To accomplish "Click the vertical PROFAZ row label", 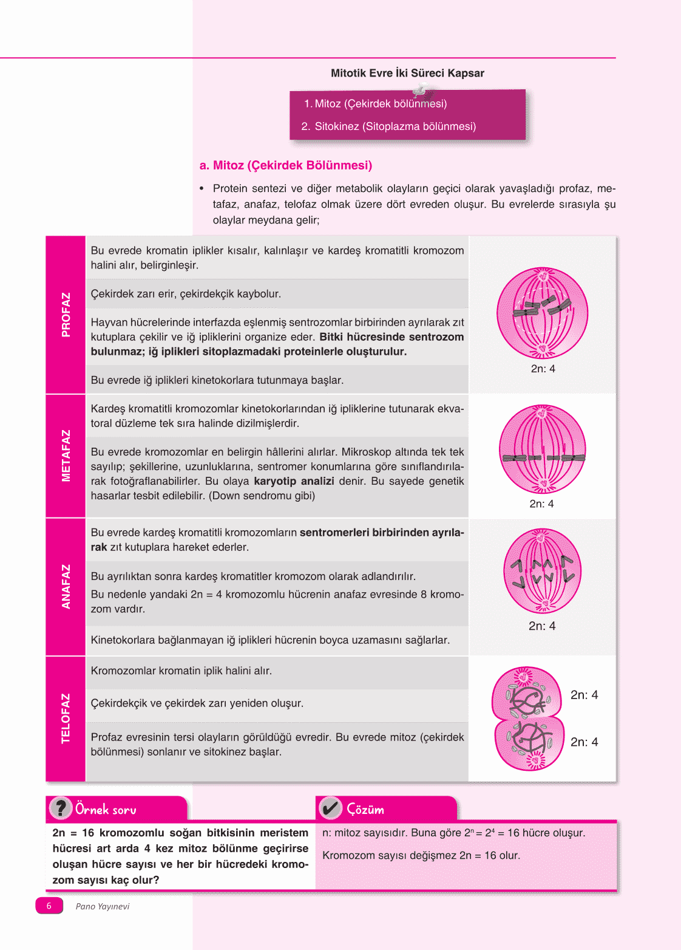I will tap(66, 315).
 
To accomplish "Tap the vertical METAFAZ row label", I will tap(66, 456).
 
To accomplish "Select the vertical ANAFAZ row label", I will tap(66, 586).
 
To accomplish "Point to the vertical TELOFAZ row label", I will tap(66, 718).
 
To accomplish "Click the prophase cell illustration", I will tap(543, 313).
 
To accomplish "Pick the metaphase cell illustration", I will tap(543, 449).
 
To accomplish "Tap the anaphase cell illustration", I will tap(543, 571).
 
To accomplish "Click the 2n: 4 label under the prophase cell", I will tap(543, 369).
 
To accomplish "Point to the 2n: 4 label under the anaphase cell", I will tap(542, 626).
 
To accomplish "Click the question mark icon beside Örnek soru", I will tap(61, 808).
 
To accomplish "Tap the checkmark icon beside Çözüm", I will tap(330, 808).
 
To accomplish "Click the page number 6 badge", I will tap(49, 906).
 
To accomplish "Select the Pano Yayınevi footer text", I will tap(103, 906).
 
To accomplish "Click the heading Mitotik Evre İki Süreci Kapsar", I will tap(407, 73).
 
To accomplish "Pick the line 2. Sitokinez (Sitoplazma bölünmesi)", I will tap(388, 126).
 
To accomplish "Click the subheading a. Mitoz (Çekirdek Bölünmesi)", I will tap(286, 165).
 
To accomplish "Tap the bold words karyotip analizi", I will tap(294, 481).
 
